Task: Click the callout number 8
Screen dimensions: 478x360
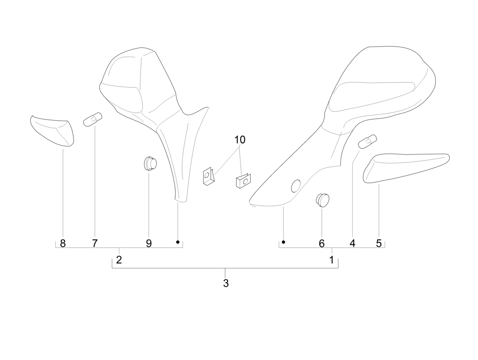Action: click(63, 243)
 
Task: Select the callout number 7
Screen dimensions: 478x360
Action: click(94, 243)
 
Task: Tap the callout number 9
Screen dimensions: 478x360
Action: click(149, 243)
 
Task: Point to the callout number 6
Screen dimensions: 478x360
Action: click(321, 243)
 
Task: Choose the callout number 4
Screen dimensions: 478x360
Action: click(353, 243)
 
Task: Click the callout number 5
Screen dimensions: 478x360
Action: click(379, 243)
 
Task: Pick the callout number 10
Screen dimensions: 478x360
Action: click(240, 140)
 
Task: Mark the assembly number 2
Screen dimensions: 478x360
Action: click(119, 260)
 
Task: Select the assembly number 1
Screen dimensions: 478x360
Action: click(331, 260)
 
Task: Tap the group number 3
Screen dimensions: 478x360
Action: click(226, 283)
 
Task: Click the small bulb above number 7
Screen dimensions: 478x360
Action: click(93, 119)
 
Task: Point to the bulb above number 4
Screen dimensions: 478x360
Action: click(368, 141)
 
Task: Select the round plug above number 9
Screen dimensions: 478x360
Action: click(151, 163)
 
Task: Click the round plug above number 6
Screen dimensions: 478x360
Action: click(323, 200)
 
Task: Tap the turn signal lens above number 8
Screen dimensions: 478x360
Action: click(52, 131)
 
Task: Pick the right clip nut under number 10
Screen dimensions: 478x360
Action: click(243, 181)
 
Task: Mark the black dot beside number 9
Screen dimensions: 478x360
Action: click(178, 242)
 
